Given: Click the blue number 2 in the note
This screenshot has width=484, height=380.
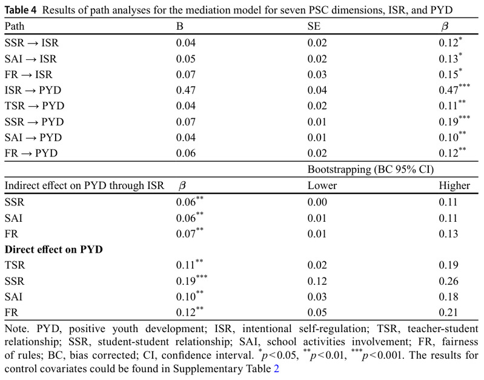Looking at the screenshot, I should (277, 367).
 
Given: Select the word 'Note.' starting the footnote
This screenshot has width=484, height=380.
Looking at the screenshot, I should (16, 329).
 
